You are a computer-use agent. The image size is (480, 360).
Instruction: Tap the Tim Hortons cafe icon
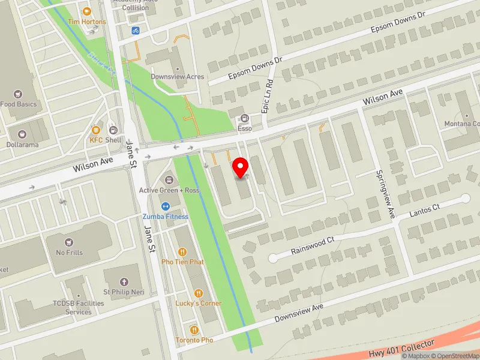pos(86,11)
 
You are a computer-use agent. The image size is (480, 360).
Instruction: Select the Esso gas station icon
pos(244,118)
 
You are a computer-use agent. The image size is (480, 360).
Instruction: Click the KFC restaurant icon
pos(96,130)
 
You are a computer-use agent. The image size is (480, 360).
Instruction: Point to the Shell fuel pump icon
pos(113,130)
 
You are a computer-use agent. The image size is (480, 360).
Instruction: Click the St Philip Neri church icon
pos(124,282)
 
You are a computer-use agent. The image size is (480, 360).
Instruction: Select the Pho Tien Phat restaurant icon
pos(182,252)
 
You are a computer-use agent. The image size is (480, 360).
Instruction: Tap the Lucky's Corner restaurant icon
pos(199,293)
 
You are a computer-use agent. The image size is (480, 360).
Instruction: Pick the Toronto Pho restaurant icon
pos(194,330)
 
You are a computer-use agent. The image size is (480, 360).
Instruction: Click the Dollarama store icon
pos(22,135)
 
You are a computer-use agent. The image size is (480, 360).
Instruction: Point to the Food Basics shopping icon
pos(18,94)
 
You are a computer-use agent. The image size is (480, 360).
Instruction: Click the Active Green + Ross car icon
pos(169,180)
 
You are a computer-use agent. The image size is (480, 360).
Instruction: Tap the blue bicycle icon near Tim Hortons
pos(136,30)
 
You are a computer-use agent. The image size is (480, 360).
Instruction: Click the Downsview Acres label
pos(177,77)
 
